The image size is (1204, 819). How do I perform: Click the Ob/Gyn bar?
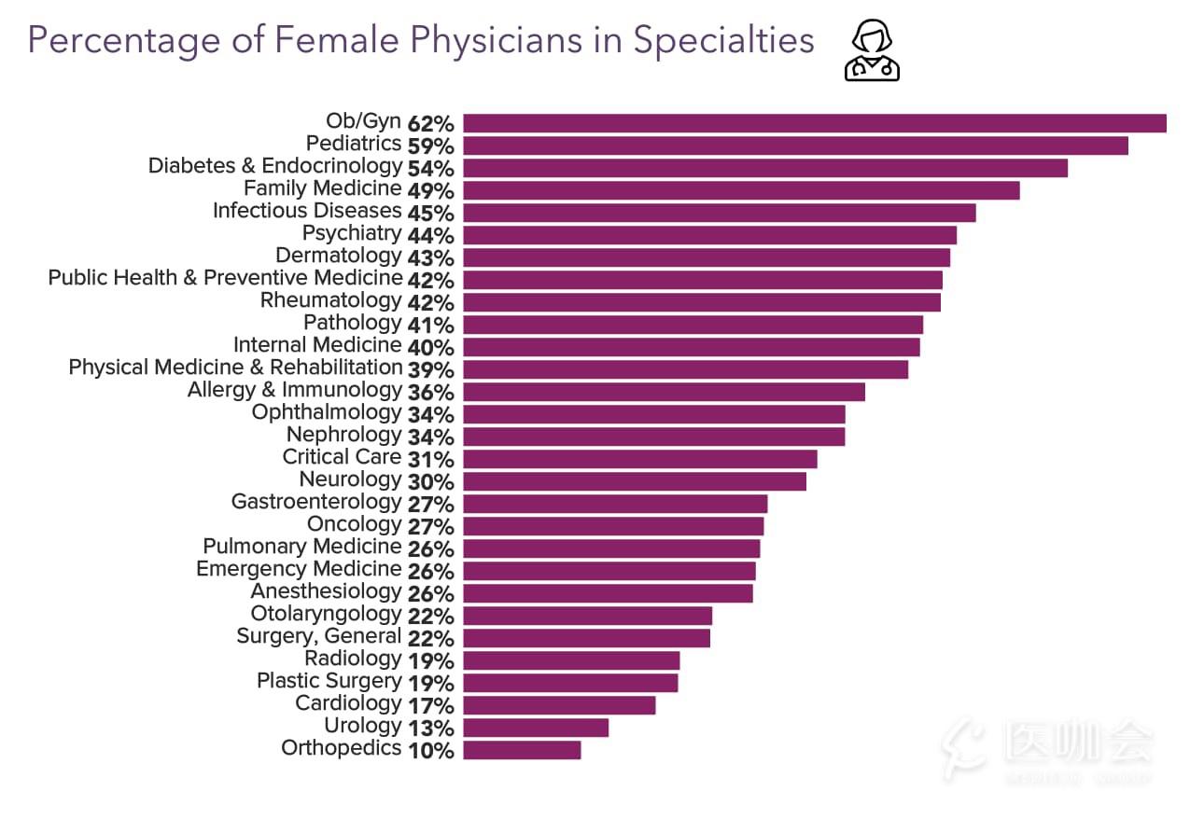814,123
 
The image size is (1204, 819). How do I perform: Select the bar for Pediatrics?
795,146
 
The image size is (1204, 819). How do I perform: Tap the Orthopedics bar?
522,750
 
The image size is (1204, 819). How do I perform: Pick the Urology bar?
536,728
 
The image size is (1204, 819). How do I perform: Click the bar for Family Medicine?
741,190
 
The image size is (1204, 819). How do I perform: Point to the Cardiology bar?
559,705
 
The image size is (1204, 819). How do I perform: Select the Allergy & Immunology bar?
664,392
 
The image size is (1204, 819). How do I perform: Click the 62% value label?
430,123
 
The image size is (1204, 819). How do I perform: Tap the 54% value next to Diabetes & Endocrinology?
430,168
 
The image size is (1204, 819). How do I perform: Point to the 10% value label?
430,750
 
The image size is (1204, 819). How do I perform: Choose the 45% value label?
430,213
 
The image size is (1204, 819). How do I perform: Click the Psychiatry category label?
351,233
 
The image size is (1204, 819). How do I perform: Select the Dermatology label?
338,256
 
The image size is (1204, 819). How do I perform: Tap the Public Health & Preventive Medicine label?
225,278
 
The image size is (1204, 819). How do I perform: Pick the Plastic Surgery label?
329,681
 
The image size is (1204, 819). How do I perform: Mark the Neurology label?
350,479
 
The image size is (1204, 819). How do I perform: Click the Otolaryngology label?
326,614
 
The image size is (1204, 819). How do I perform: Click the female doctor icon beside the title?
872,52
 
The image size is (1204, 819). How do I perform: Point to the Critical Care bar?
639,459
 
